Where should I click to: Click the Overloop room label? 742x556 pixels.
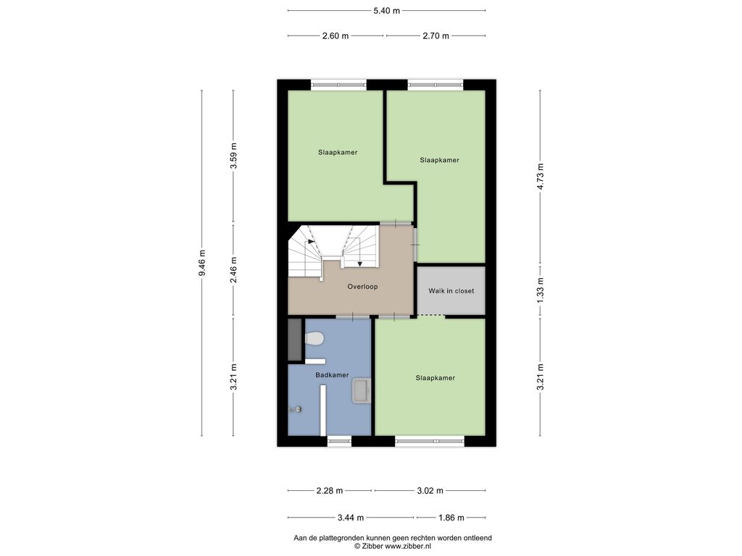362,287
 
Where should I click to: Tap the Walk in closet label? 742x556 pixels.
451,291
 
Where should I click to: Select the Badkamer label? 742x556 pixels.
332,375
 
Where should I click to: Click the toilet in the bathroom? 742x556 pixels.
314,339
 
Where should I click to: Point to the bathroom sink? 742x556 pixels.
362,390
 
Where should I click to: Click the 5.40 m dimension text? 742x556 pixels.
387,10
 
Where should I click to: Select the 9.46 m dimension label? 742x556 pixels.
202,263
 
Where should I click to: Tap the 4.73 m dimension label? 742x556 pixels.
541,177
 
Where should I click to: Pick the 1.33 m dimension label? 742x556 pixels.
541,290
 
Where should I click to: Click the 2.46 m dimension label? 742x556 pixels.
233,270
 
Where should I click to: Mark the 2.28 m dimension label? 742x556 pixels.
330,491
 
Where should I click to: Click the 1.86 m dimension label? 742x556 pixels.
451,518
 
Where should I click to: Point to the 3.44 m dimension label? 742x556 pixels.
351,518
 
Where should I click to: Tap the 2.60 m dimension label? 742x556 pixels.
335,36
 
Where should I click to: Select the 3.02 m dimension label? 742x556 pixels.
430,491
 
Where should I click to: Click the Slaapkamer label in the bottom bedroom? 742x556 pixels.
435,378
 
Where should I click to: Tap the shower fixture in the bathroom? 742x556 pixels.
296,410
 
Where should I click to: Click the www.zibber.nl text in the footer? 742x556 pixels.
408,546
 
